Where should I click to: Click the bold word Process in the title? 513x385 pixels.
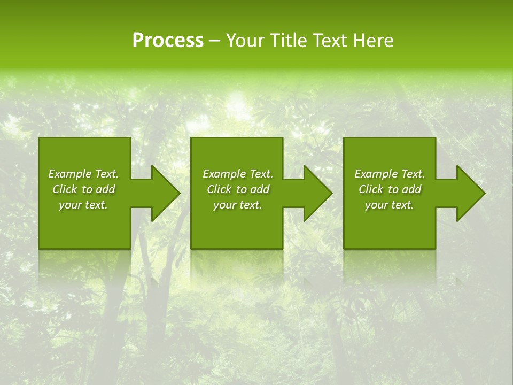point(168,41)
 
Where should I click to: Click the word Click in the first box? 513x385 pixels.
point(65,189)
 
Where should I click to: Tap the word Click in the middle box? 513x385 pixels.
point(219,189)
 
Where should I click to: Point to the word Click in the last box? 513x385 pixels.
point(371,189)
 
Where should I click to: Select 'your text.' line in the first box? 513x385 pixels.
point(83,205)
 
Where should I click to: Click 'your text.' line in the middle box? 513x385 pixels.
point(238,205)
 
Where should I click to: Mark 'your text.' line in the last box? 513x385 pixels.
point(390,205)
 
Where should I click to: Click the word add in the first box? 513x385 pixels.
point(105,189)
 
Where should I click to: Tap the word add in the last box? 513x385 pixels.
point(411,189)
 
